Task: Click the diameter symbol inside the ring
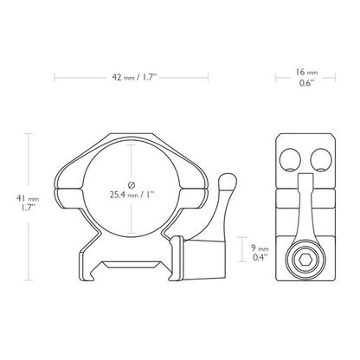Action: click(131, 184)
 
